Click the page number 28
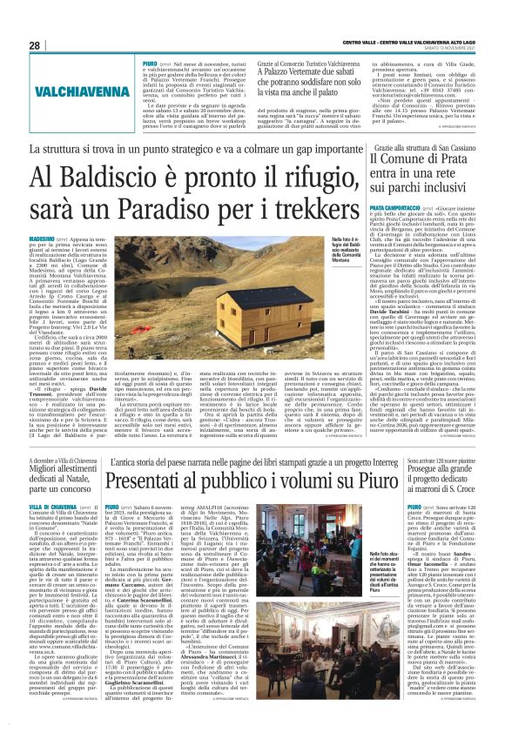coord(34,44)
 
